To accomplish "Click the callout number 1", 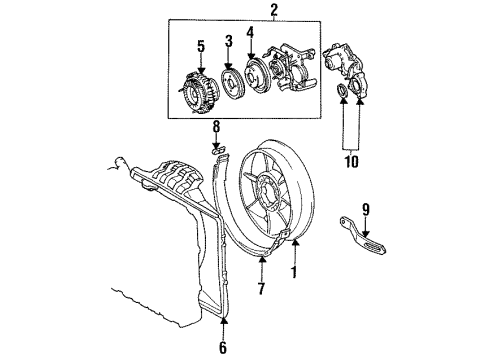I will (x=293, y=272).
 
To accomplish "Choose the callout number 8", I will (x=214, y=127).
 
